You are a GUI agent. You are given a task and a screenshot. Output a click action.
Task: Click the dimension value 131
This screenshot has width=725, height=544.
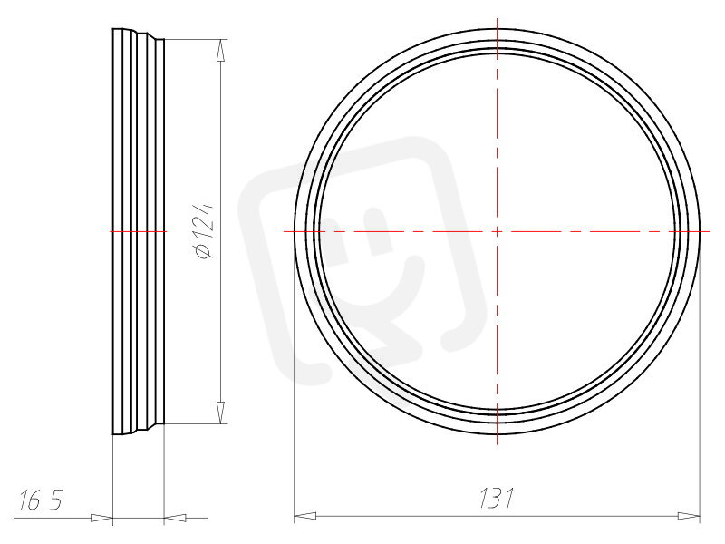point(496,498)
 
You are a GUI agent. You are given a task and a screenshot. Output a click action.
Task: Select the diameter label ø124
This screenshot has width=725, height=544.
point(205,230)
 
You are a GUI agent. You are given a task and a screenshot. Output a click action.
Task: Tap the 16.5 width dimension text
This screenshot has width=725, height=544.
point(40,500)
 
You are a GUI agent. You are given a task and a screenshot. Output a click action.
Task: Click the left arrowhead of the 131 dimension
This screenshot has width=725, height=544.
point(305,516)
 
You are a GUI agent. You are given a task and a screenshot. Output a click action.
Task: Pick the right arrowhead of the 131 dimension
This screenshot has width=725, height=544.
point(689,516)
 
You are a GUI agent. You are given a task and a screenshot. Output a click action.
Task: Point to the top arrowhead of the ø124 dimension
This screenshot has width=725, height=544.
point(221,50)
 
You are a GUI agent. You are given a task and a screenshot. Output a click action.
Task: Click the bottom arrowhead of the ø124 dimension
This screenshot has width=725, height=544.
point(221,413)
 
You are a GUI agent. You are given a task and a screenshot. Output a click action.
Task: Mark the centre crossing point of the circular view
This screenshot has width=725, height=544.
point(497,231)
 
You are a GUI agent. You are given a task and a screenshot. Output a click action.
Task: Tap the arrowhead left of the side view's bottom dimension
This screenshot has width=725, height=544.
point(101,518)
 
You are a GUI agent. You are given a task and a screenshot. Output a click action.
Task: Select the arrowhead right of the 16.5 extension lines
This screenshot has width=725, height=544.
point(175,518)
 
